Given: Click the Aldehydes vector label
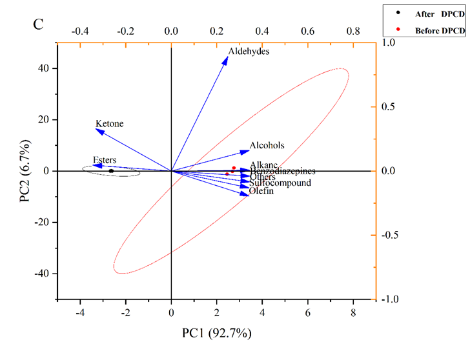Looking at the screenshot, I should (249, 52).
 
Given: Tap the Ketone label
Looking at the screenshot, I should (109, 124).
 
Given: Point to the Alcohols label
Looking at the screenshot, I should (267, 146).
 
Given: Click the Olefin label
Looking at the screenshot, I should (261, 191).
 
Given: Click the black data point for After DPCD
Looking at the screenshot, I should (111, 171).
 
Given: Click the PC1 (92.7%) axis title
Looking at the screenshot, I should (217, 333).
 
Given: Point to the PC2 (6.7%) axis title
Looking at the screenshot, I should (25, 171).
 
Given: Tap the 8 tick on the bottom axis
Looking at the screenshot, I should (353, 314).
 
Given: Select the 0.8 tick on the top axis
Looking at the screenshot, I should (353, 30).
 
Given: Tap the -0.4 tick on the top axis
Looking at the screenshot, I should (80, 30).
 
